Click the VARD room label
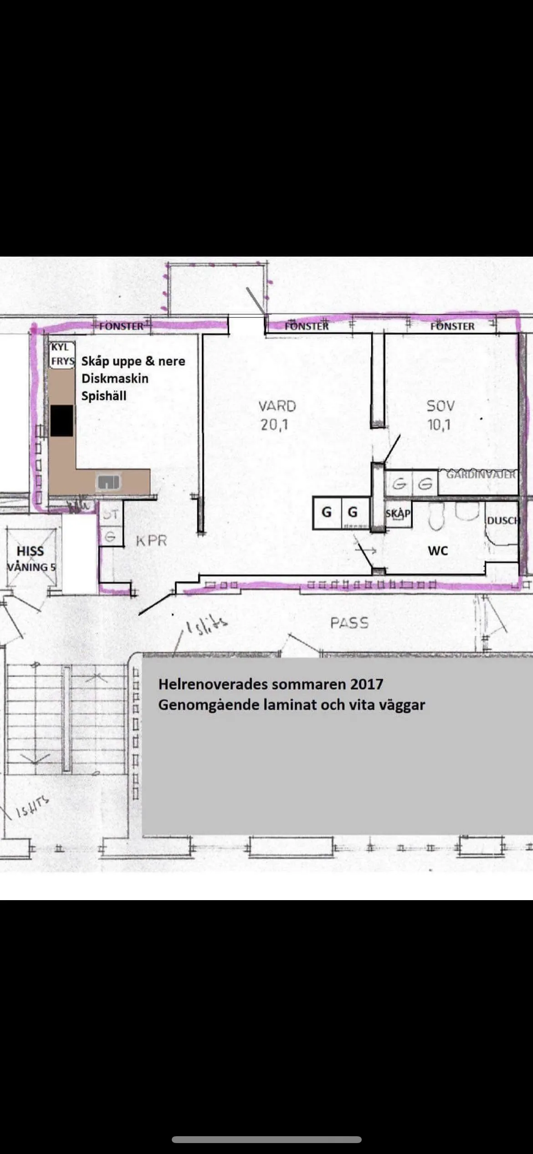(x=277, y=406)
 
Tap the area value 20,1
(x=274, y=425)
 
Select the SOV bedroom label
(x=440, y=406)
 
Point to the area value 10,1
(x=439, y=425)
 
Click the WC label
(x=438, y=551)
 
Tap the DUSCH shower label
(x=502, y=520)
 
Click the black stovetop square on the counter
(x=61, y=421)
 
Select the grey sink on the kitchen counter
(x=108, y=481)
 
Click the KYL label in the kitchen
(x=60, y=347)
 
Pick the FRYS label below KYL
(x=62, y=361)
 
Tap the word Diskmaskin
(x=115, y=378)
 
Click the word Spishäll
(x=103, y=396)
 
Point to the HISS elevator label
(x=30, y=551)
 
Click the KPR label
(x=151, y=541)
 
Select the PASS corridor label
(x=349, y=623)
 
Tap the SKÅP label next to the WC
(x=398, y=513)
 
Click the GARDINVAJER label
(x=480, y=474)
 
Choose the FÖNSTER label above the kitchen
(x=121, y=326)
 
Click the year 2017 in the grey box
(x=367, y=684)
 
